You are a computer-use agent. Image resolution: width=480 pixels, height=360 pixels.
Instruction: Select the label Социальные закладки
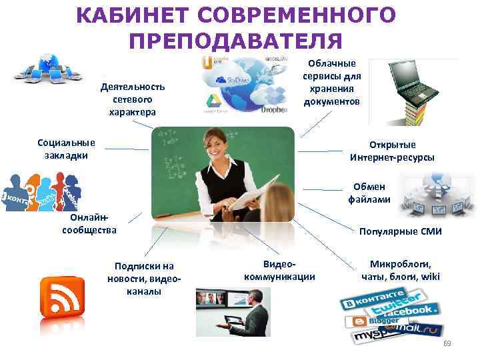pos(66,149)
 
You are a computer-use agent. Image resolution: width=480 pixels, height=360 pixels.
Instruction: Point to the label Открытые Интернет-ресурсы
pos(391,151)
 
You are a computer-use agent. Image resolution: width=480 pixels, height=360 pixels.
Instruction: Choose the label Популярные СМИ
pos(399,232)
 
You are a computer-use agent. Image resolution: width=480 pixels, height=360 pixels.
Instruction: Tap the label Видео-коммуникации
pos(279,271)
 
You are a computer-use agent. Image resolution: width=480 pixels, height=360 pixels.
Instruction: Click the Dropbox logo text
pos(273,109)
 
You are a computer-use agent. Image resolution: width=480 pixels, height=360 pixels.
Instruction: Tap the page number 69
pos(447,343)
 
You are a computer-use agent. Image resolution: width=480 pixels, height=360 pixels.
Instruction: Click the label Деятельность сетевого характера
pos(133,99)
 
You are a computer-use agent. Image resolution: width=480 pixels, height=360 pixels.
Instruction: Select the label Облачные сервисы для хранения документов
pos(332,82)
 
